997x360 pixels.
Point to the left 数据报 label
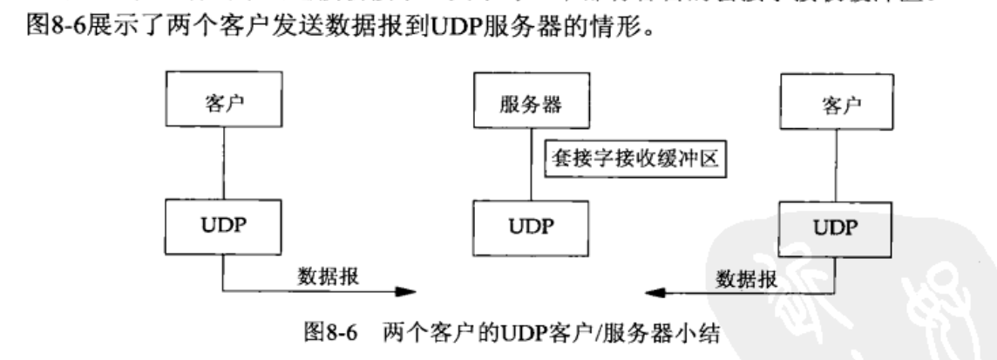click(x=328, y=274)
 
